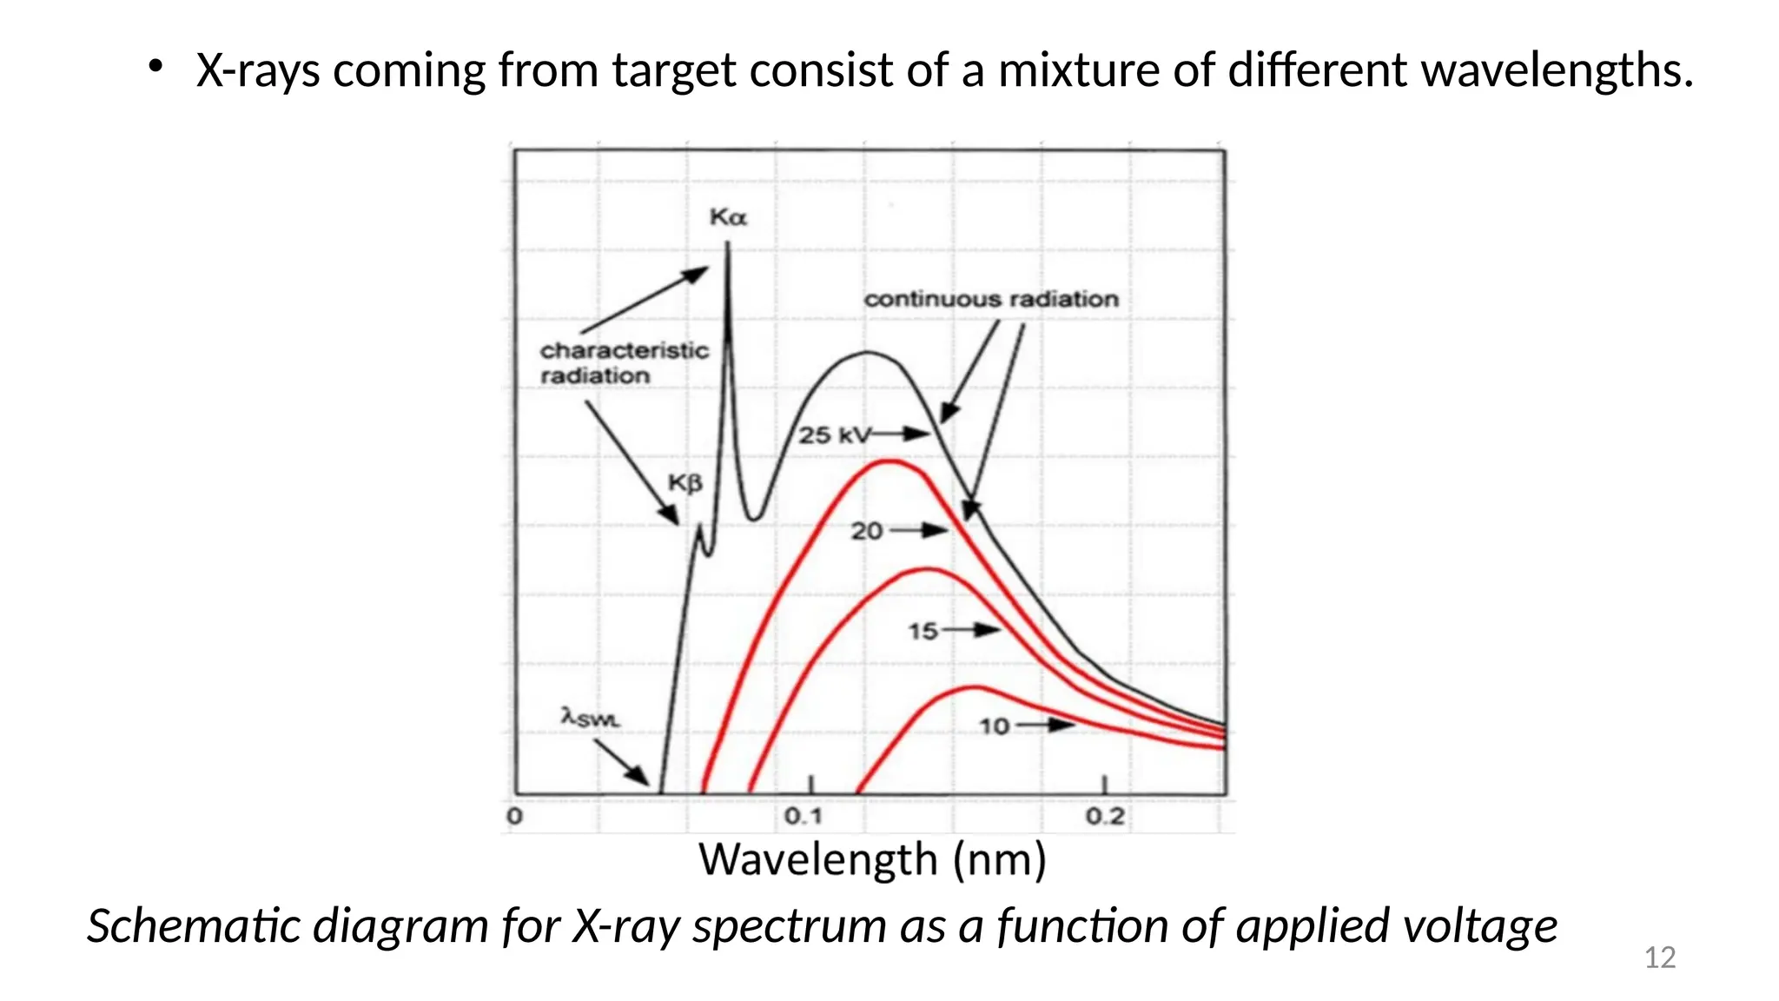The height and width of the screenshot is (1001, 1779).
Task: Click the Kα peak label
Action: pos(727,217)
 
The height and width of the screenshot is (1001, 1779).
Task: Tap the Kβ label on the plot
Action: pos(684,483)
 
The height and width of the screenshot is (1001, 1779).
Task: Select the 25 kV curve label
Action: pos(833,434)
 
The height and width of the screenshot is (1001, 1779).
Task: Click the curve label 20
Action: pos(866,531)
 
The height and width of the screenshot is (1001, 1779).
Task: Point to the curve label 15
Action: pos(923,631)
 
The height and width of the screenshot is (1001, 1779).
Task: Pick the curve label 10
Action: pos(995,726)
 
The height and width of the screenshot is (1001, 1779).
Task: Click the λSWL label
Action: pos(591,718)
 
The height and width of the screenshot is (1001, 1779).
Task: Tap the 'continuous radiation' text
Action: pos(991,299)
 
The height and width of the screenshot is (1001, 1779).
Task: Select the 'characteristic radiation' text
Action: pos(623,363)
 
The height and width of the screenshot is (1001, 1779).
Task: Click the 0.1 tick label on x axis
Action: pos(803,817)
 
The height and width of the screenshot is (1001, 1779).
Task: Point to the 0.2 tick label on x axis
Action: pos(1105,817)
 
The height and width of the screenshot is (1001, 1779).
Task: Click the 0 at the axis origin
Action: pos(514,817)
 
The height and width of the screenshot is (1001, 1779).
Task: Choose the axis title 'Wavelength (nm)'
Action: pos(872,860)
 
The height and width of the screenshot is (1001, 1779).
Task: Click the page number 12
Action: pos(1660,958)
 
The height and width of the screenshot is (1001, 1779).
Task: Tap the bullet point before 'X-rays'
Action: pos(155,67)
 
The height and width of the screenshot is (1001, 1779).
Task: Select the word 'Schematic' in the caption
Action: pos(196,926)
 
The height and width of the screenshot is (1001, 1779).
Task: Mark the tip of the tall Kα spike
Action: pos(728,245)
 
